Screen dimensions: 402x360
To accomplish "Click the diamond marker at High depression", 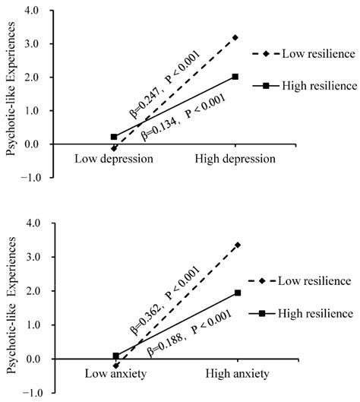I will pos(235,37).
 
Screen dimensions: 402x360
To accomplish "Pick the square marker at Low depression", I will pos(114,137).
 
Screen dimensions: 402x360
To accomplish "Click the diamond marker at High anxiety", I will pos(238,245).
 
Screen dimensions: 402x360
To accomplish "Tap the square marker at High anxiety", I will pos(238,293).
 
